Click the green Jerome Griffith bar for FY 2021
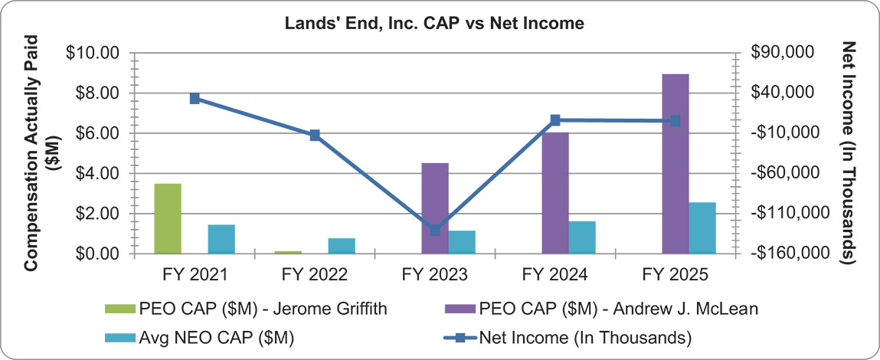(x=168, y=218)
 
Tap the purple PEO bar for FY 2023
(x=434, y=208)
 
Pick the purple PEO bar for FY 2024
(x=554, y=192)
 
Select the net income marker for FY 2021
(x=195, y=98)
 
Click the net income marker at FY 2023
(x=435, y=230)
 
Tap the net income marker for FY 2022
(x=315, y=136)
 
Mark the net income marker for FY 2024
(x=555, y=120)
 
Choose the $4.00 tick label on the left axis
(x=97, y=173)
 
